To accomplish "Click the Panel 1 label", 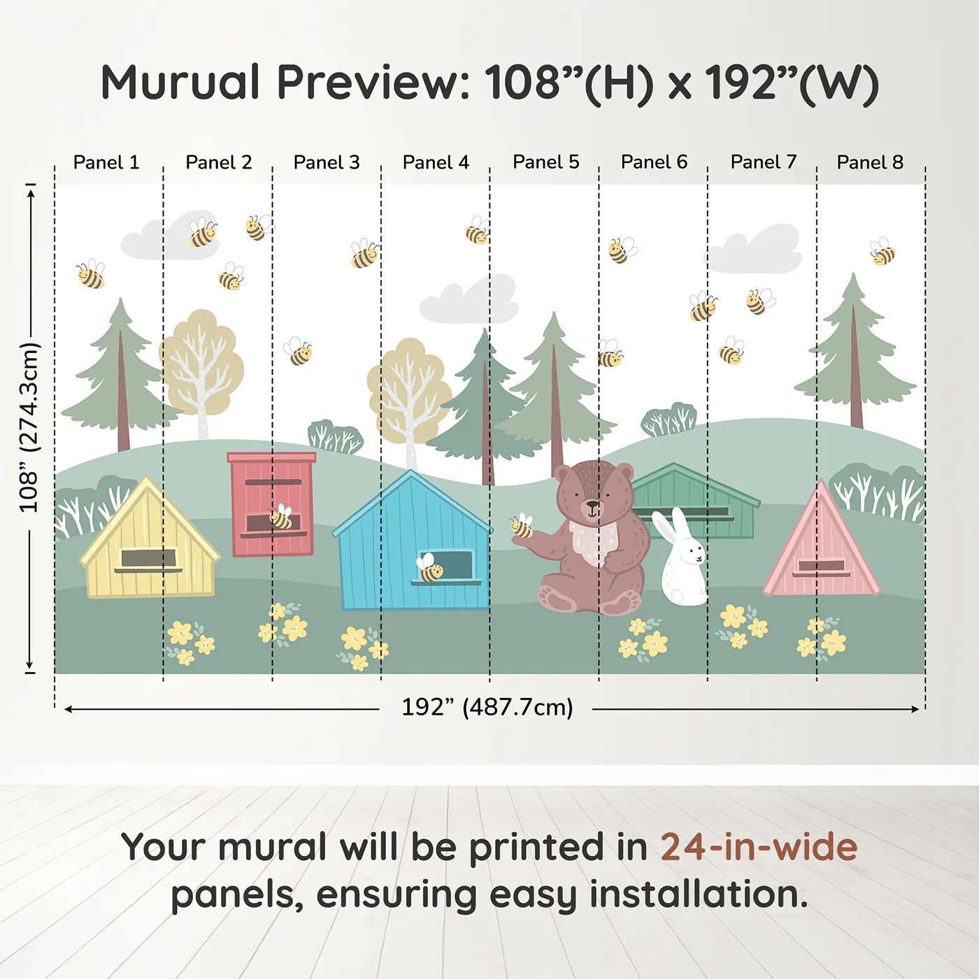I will point(106,162).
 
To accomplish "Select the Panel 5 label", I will point(545,162).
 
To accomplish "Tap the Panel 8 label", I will point(870,162).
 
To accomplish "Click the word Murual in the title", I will point(180,83).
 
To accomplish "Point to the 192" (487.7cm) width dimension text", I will point(487,707).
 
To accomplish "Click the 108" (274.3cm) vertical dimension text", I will point(29,428).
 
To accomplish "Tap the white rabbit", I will point(683,559).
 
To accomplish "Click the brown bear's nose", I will point(592,503).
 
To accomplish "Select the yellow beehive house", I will point(149,545).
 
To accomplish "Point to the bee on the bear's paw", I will point(521,526).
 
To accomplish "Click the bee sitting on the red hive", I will point(281,517).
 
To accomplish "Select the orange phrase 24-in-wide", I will point(758,847).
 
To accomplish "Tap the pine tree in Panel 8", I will point(855,357).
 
